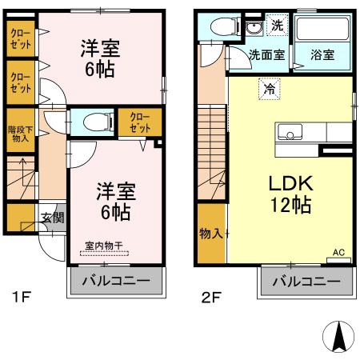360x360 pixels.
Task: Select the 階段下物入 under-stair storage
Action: (x=19, y=132)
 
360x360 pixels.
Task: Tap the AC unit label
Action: (x=338, y=251)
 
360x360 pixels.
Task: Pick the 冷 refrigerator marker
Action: (x=270, y=88)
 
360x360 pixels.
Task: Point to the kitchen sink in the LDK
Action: (x=287, y=132)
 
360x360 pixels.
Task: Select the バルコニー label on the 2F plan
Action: (x=306, y=282)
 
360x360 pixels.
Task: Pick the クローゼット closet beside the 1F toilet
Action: (x=140, y=122)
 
